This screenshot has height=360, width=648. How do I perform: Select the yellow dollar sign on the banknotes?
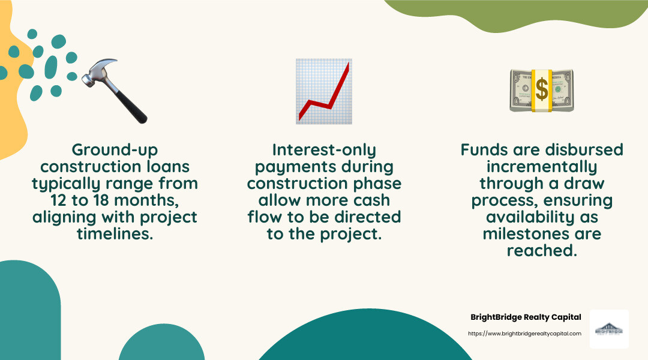point(542,90)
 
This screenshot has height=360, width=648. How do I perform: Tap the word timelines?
point(114,234)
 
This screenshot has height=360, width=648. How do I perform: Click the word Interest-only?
point(324,149)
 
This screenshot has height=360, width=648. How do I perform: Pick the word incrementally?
point(542,166)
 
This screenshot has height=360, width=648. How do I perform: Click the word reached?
point(542,250)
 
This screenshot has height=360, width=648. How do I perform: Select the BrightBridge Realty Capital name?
point(526,317)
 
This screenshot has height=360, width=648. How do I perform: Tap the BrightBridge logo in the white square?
point(608,329)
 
